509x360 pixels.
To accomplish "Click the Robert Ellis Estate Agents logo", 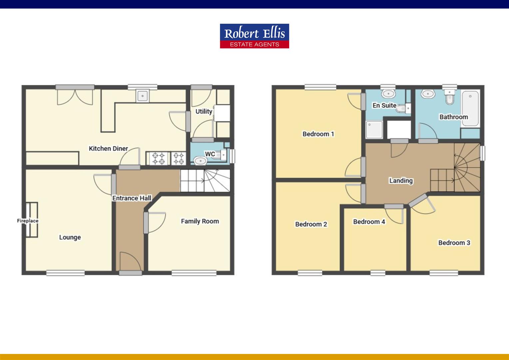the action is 254,36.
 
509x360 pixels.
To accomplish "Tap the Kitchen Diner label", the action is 108,149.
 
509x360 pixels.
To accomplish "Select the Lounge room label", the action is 70,237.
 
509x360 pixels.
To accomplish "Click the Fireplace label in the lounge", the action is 28,221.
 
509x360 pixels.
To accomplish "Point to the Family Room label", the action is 200,221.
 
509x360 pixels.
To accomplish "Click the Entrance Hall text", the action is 132,198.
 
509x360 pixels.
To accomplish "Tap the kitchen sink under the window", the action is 143,96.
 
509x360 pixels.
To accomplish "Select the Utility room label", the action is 204,111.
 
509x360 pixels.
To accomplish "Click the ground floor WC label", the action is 210,154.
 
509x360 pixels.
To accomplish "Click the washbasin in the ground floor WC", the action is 200,161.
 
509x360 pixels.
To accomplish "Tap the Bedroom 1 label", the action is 318,134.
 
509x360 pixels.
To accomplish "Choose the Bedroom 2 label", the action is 311,224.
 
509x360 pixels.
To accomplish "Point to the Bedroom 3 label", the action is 454,243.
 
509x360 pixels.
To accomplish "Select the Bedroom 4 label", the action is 369,222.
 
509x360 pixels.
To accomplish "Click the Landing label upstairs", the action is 401,181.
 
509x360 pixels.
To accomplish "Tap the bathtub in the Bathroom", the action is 470,108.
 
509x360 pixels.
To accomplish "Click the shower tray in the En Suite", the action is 374,129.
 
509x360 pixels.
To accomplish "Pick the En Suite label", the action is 384,106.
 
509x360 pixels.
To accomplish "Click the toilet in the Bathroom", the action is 449,97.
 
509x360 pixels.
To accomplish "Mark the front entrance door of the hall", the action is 131,273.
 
